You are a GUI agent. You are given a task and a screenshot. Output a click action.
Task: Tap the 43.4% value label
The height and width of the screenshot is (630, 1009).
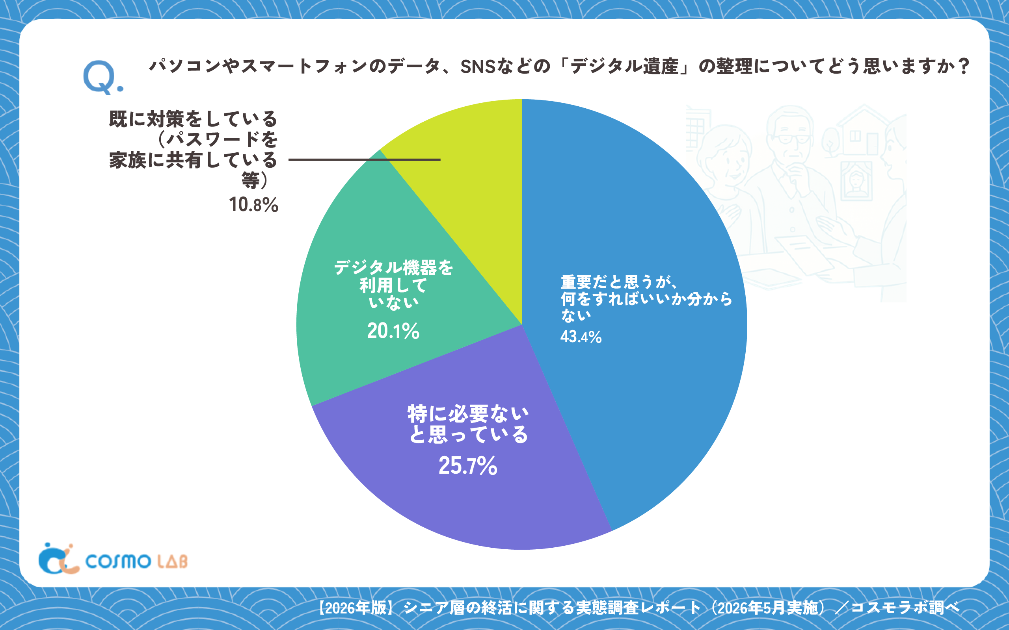pos(581,337)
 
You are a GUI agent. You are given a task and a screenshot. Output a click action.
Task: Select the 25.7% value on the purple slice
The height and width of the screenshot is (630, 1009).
pos(468,465)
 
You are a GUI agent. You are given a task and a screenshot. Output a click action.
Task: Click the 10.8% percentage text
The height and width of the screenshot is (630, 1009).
pos(253,205)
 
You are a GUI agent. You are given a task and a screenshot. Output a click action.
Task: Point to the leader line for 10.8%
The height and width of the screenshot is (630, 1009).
pos(365,159)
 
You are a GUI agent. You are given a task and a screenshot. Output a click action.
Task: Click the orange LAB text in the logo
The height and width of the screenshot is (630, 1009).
pos(173,561)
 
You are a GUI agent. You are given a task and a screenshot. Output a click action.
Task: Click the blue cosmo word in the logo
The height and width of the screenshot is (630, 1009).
pos(118,561)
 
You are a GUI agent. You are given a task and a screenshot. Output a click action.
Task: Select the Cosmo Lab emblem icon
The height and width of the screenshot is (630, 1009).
pos(58,559)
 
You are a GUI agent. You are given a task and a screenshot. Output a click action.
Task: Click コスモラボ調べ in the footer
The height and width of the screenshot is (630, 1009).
pos(906,608)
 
